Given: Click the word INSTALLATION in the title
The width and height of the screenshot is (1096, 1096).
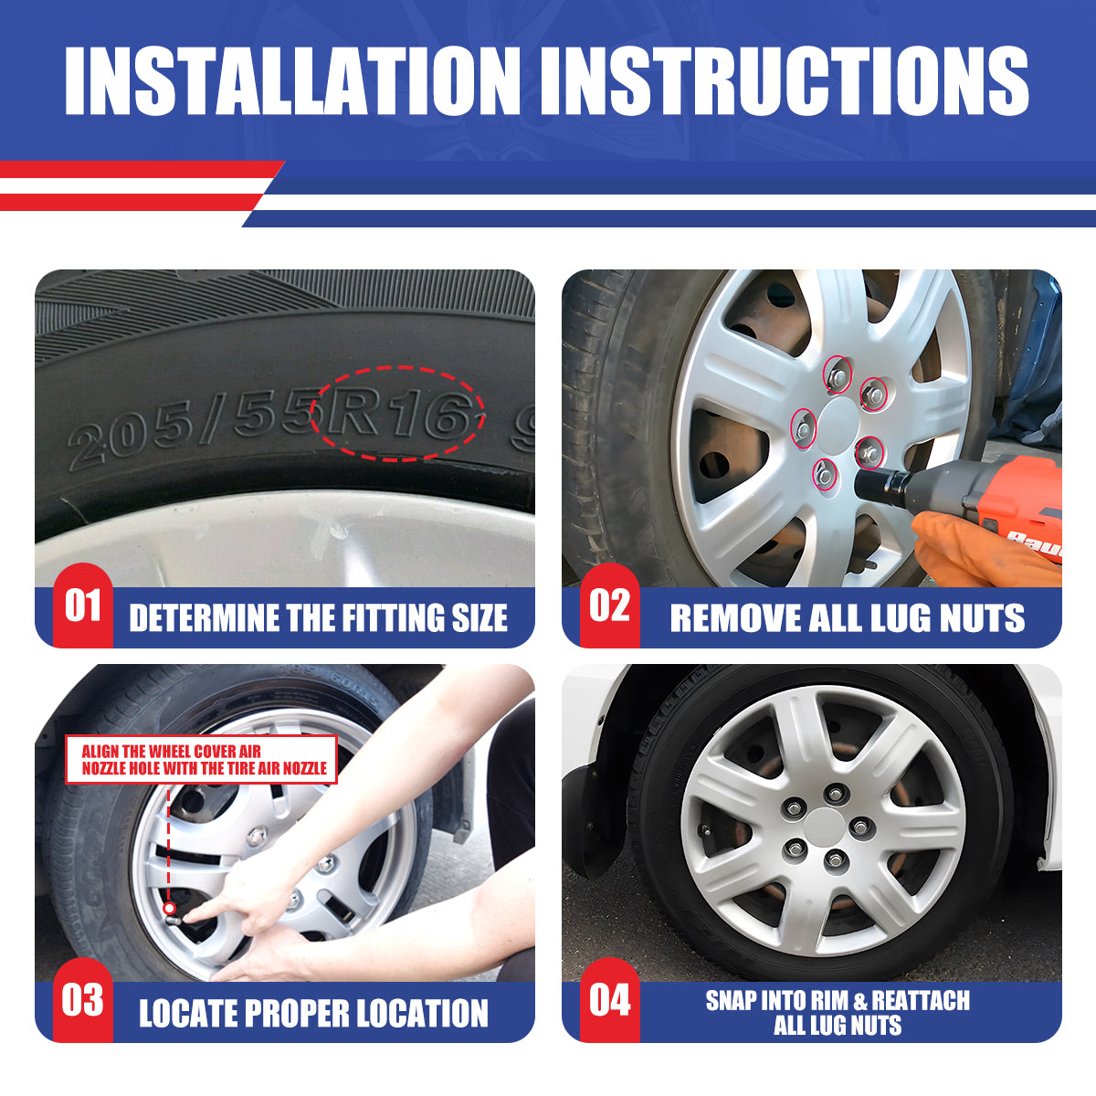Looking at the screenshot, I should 292,80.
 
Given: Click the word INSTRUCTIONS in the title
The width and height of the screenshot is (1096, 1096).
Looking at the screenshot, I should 785,80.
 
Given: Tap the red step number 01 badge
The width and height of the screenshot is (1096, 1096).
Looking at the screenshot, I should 82,606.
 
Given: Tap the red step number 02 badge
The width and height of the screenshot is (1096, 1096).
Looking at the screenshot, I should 609,606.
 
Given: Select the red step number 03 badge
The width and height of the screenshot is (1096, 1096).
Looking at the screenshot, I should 82,1000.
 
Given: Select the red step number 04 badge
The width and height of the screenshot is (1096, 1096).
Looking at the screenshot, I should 609,1000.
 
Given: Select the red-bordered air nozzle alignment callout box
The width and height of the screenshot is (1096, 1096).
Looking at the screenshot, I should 202,760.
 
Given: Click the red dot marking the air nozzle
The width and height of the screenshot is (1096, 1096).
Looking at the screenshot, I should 169,908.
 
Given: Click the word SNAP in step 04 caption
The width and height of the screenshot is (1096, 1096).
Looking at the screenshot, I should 732,1001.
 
